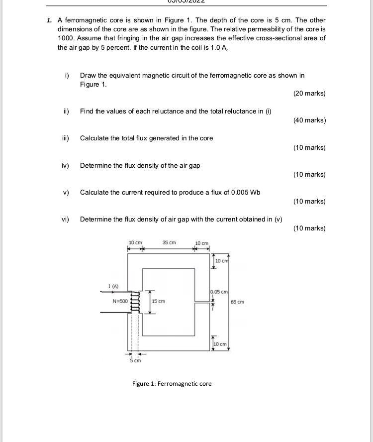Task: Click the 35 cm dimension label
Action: pos(169,242)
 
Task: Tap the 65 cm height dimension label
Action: pos(238,302)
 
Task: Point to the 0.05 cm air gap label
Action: pos(219,292)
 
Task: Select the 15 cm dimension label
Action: pos(159,301)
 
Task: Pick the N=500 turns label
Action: pos(120,301)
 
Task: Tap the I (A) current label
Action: pos(113,286)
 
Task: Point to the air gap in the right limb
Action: pos(203,301)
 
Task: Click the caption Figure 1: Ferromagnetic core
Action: pos(172,384)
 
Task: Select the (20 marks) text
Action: pos(309,94)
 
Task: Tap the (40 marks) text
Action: pos(309,120)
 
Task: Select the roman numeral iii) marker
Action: pos(65,138)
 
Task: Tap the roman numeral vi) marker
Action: pos(65,219)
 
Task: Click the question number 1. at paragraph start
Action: pos(49,20)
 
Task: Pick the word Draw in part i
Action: pos(88,76)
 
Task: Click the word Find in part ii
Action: pos(87,111)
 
